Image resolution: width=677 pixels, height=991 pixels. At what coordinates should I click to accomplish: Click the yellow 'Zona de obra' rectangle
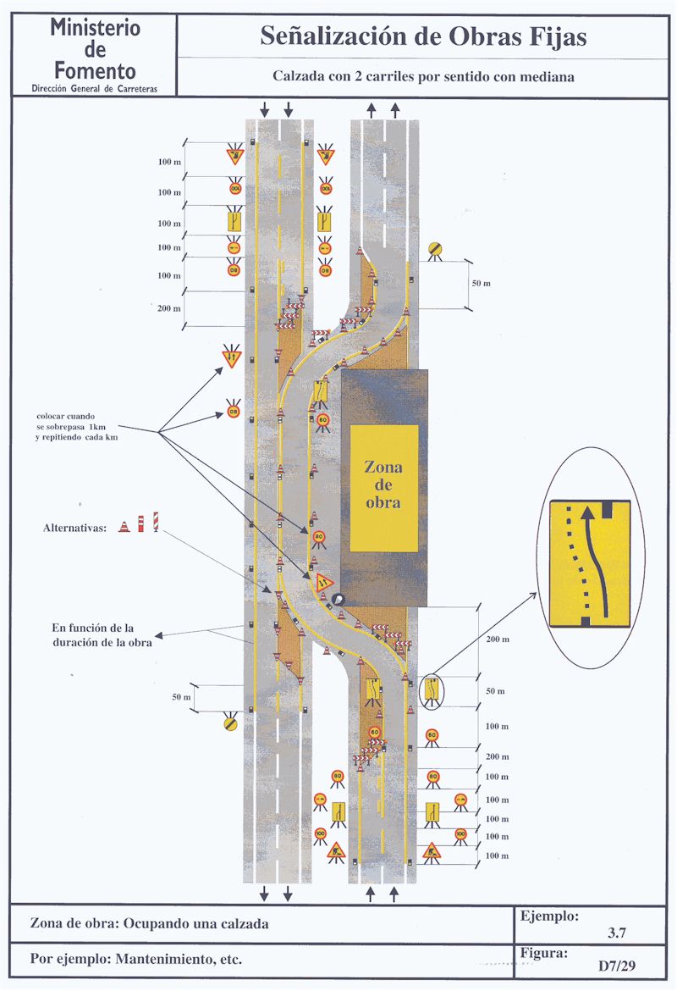pyautogui.click(x=384, y=489)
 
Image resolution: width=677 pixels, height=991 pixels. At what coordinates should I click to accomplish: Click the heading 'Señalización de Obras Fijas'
pyautogui.click(x=423, y=36)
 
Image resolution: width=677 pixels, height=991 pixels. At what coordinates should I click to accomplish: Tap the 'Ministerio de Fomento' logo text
pyautogui.click(x=94, y=49)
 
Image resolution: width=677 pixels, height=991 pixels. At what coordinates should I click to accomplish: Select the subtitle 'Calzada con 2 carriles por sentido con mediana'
pyautogui.click(x=423, y=76)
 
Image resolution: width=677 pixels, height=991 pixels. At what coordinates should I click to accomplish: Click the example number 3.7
pyautogui.click(x=616, y=933)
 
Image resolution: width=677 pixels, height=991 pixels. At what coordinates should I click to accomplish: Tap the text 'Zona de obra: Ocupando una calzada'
pyautogui.click(x=149, y=923)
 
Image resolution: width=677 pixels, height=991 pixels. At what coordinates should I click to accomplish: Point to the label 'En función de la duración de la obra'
pyautogui.click(x=101, y=635)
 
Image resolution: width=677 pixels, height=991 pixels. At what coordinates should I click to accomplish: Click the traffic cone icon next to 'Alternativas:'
pyautogui.click(x=124, y=526)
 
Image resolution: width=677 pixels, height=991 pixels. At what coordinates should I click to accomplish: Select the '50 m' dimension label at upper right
pyautogui.click(x=481, y=283)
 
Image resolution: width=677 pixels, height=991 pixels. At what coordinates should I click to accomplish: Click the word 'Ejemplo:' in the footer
pyautogui.click(x=550, y=916)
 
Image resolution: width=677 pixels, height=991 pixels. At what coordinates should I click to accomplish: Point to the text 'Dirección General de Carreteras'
pyautogui.click(x=93, y=88)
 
